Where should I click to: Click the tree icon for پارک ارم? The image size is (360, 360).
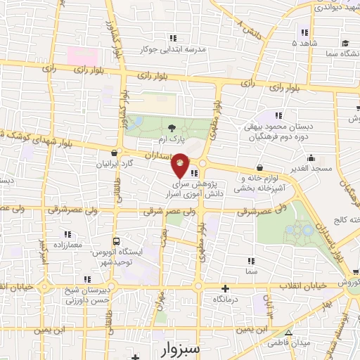click(173, 127)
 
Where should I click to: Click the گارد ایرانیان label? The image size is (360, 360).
click(113, 164)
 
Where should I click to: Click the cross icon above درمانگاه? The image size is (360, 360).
click(225, 288)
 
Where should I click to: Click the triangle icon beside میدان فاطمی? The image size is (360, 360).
click(288, 332)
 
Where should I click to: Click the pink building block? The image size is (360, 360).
click(79, 53)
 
